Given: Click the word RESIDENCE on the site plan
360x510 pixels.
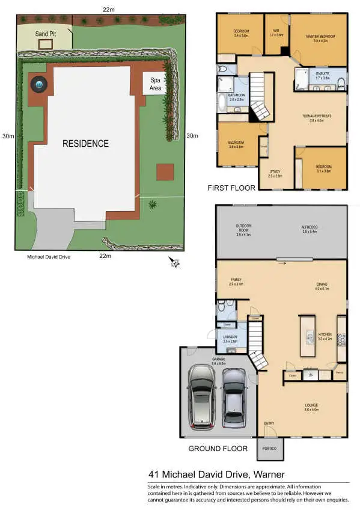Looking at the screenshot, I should (87, 144).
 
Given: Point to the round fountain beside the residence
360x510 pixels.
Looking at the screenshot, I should (40, 86).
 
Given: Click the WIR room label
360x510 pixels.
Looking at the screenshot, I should (277, 31).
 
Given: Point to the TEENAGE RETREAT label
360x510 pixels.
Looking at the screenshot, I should (316, 117).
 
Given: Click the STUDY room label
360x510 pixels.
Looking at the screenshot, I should (275, 173).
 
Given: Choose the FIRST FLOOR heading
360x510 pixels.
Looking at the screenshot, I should (231, 188).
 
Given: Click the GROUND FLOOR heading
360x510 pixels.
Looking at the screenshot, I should (218, 449).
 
